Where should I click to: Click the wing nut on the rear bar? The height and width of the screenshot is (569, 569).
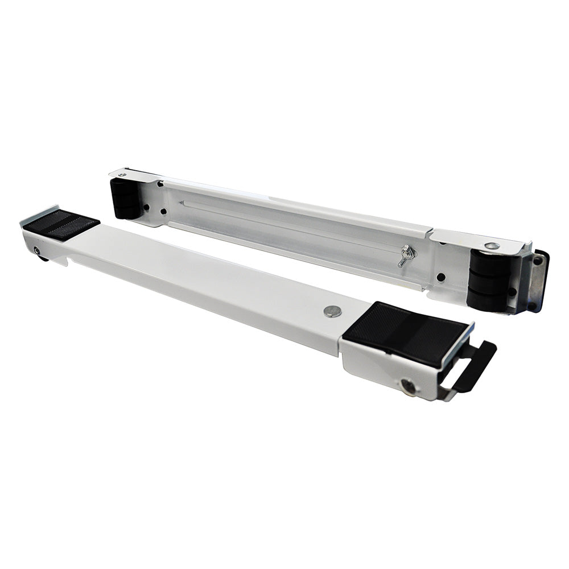406,255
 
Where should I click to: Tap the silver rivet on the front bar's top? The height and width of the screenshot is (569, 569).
332,311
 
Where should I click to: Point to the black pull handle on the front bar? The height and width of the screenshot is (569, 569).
472,364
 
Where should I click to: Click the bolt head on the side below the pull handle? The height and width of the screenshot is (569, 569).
409,386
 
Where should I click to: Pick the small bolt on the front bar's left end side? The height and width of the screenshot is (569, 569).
38,250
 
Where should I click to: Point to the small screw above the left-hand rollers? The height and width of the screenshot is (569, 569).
121,175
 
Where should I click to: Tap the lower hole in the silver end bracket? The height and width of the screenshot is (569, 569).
531,304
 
